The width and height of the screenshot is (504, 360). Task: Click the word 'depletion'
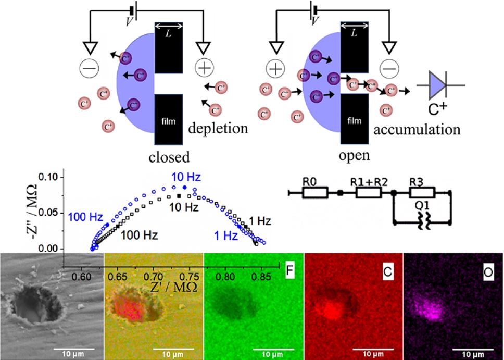218,128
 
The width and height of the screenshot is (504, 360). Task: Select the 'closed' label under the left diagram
169,156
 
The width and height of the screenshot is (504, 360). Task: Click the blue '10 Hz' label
183,178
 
